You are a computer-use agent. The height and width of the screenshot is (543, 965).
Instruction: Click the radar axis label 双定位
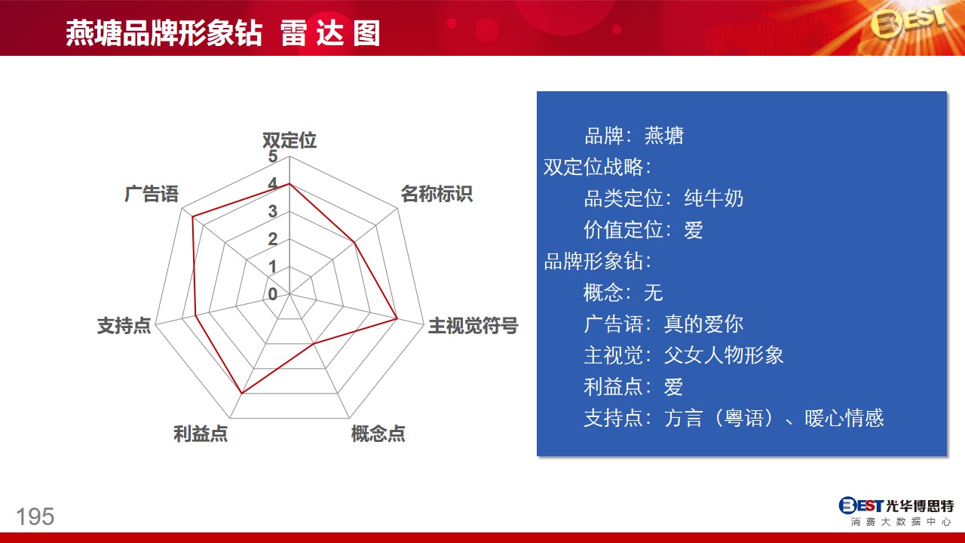coord(289,140)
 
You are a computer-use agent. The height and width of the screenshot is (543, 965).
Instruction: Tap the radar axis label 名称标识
coord(437,194)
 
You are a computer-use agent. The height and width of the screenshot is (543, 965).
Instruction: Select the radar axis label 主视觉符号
coord(473,325)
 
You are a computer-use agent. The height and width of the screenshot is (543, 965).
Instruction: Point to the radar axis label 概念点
coord(378,434)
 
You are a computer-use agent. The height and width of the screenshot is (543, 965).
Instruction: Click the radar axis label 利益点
coord(201,434)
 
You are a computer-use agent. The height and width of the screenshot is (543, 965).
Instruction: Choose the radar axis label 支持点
coord(124,325)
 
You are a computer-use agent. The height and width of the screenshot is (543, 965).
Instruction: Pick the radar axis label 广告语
coord(152,194)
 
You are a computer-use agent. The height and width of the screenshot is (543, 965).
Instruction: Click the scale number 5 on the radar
coord(272,156)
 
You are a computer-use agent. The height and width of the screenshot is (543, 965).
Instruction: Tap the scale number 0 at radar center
coord(272,294)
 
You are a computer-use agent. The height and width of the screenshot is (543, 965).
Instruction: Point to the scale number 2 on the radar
coord(272,239)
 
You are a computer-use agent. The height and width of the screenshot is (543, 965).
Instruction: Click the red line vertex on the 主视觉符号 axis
coord(397,319)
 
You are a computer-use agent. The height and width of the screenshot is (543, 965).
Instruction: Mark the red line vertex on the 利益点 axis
coord(242,393)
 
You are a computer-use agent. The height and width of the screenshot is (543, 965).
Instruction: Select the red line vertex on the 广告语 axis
coord(193,216)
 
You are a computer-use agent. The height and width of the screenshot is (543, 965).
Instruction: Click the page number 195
coord(35,517)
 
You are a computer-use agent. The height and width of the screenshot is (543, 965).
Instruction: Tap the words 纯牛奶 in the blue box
coord(713,198)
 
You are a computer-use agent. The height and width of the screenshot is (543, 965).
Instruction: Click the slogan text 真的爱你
coord(703,324)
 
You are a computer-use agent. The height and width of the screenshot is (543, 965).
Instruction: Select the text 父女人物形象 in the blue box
coord(724,355)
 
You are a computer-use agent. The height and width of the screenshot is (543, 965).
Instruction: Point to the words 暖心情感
coord(844,418)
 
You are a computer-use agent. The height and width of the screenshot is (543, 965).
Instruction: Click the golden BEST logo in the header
coord(908,23)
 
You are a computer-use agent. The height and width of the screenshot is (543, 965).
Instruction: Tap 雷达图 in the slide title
coord(330,34)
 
